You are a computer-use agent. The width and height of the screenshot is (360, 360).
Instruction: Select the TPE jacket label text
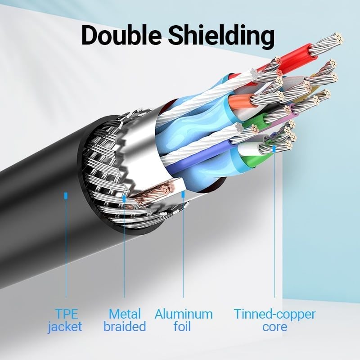65,320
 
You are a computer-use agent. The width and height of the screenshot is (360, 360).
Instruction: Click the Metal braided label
125,320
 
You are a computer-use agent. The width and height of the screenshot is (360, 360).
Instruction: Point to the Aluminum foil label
183,320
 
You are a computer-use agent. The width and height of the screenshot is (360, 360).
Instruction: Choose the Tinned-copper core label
274,320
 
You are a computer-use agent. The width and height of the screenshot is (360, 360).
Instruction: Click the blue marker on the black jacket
66,196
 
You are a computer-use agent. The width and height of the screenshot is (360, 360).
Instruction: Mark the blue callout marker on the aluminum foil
183,194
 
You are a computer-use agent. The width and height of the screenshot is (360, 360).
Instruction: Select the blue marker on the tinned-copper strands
274,147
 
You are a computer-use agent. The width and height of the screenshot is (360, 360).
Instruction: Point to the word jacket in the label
65,326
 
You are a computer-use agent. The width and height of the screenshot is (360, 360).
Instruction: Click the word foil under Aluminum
183,326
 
